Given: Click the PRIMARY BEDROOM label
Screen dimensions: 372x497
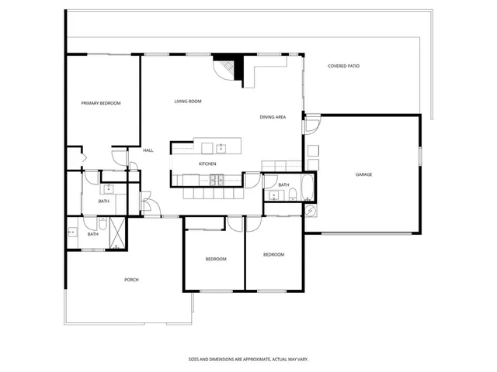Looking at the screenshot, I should click(101, 103).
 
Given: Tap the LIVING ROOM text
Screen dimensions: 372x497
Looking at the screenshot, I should click(188, 102).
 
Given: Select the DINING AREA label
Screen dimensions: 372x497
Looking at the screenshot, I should click(273, 117).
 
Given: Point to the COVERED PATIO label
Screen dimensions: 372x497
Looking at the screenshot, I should click(343, 66).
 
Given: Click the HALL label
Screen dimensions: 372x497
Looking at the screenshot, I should click(148, 150).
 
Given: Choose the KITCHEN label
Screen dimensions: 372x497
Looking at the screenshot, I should click(207, 164).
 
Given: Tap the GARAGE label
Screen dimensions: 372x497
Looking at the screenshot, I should click(364, 174).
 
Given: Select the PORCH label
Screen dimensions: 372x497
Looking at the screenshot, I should click(131, 280).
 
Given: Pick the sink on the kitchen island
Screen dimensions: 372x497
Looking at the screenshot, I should click(221, 146).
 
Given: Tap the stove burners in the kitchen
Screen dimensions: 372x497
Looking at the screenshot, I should click(217, 181).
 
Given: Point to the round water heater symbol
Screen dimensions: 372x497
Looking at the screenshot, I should click(309, 210).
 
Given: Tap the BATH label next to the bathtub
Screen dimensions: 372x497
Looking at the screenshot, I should click(283, 185).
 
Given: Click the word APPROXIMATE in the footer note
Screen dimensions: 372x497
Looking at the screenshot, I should click(248, 360).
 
